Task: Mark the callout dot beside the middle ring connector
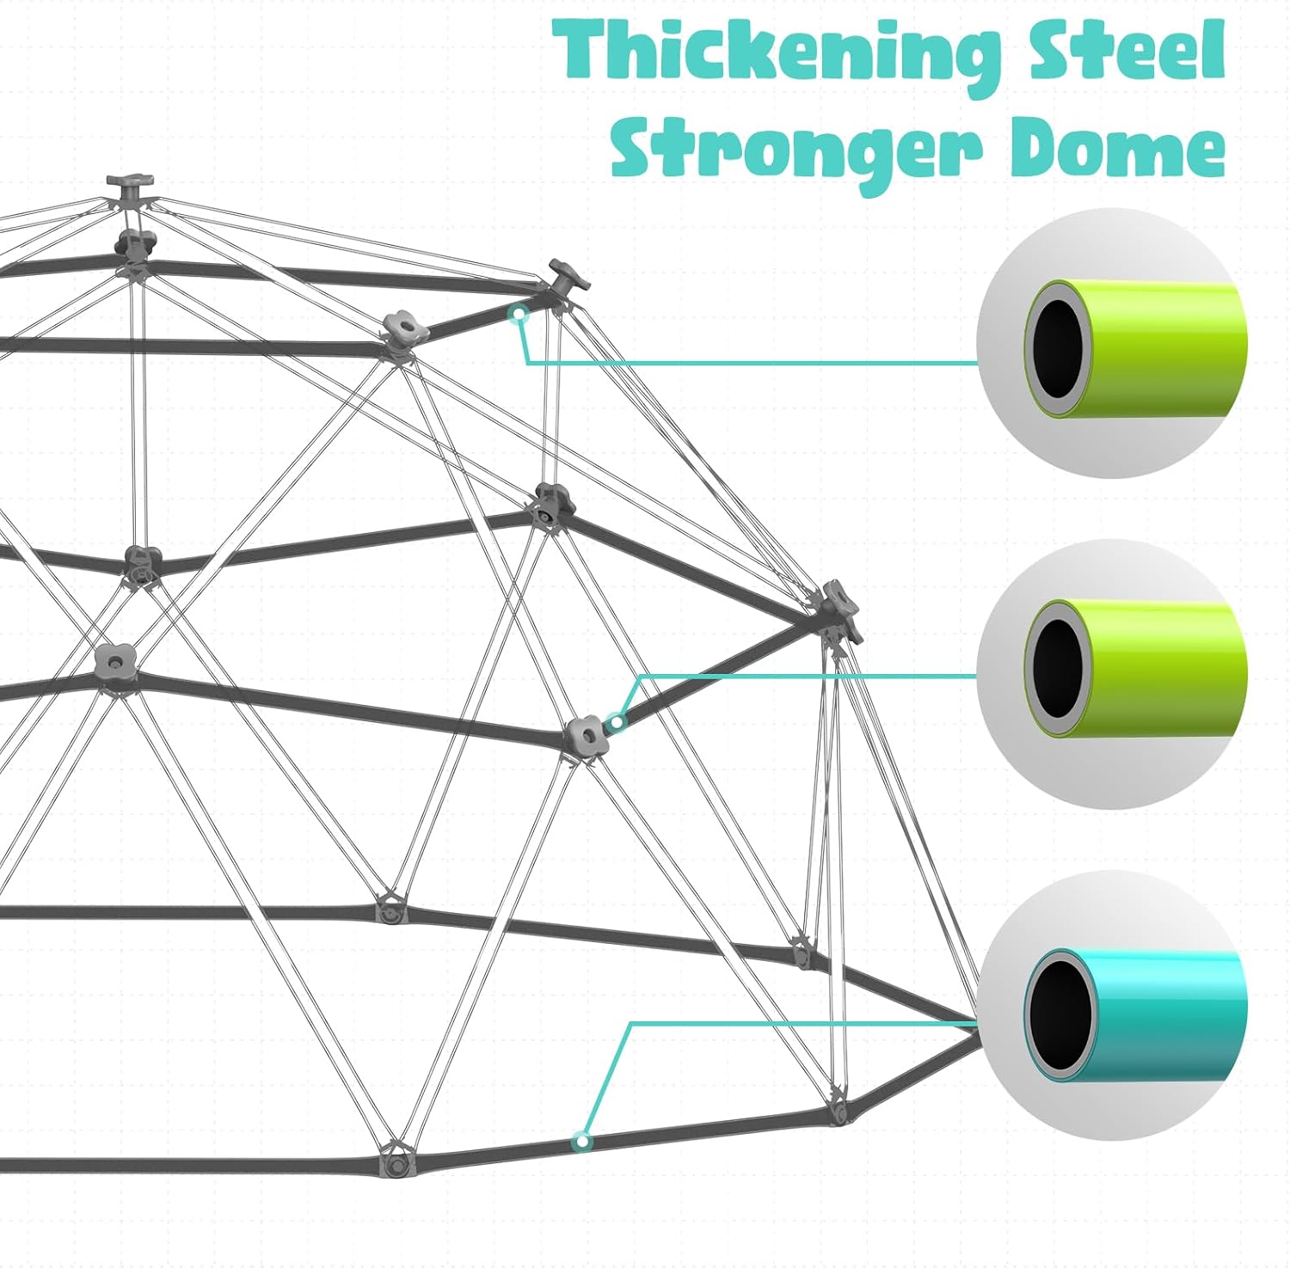pyautogui.click(x=614, y=722)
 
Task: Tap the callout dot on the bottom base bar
pyautogui.click(x=583, y=1142)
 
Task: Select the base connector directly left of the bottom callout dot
pyautogui.click(x=395, y=1161)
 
